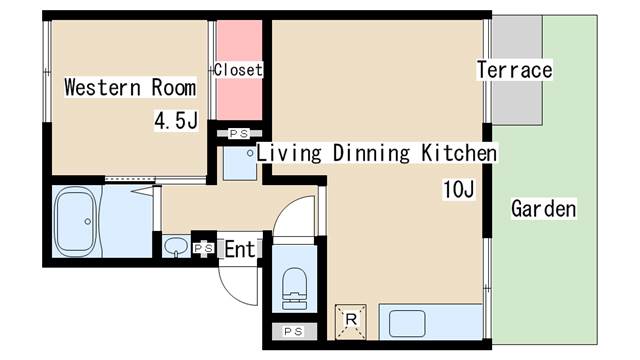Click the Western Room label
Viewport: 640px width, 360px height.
tap(130, 87)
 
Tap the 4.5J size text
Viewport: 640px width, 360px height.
tap(176, 120)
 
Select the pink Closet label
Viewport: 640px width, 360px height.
tap(238, 70)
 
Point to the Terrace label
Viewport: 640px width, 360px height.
tap(514, 69)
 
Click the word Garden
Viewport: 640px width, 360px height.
tap(544, 209)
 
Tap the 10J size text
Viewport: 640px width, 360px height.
tap(459, 189)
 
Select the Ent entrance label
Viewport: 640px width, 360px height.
tap(240, 249)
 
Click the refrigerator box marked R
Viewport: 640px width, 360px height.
tap(351, 322)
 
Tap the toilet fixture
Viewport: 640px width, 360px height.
tap(294, 288)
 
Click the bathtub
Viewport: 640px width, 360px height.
tap(76, 221)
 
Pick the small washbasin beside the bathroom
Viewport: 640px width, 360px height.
tap(176, 247)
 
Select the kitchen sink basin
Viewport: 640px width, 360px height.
tap(407, 324)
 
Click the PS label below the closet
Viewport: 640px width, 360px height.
tap(239, 133)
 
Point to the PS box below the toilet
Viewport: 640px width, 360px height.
tap(293, 331)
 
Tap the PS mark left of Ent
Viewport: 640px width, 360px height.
tap(203, 248)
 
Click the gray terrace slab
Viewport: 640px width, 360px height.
tap(517, 70)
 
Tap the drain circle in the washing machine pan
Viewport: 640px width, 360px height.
tap(250, 153)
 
